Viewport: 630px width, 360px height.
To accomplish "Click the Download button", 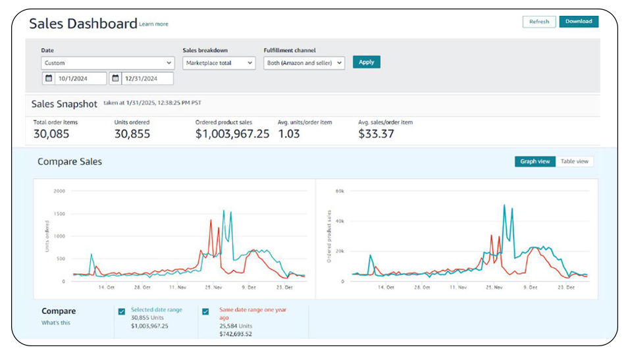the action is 579,22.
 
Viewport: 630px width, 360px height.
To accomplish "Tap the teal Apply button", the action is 367,62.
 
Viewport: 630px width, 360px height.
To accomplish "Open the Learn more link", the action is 153,24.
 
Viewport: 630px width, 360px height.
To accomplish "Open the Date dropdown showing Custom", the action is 108,63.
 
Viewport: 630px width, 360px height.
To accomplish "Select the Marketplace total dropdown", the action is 219,63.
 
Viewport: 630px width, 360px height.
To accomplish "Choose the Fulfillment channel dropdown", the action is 304,63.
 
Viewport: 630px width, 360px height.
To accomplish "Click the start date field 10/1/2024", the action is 74,78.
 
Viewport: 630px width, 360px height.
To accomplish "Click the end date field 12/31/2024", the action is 142,78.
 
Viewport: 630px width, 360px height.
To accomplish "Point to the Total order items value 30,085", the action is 51,134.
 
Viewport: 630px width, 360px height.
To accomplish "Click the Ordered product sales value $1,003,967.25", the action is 232,134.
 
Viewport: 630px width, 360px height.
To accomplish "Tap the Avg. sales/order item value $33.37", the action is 376,134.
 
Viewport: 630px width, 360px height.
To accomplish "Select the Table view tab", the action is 575,161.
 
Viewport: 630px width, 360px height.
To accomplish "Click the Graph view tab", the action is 535,161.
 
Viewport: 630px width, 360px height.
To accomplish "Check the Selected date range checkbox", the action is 122,311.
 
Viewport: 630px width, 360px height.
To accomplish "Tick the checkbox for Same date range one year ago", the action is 205,311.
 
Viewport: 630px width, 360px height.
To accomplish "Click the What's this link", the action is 56,322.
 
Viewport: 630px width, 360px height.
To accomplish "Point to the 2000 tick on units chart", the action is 59,191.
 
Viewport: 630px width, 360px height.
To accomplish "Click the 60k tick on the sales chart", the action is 340,191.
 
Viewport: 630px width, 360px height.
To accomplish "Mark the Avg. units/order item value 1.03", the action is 289,134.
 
